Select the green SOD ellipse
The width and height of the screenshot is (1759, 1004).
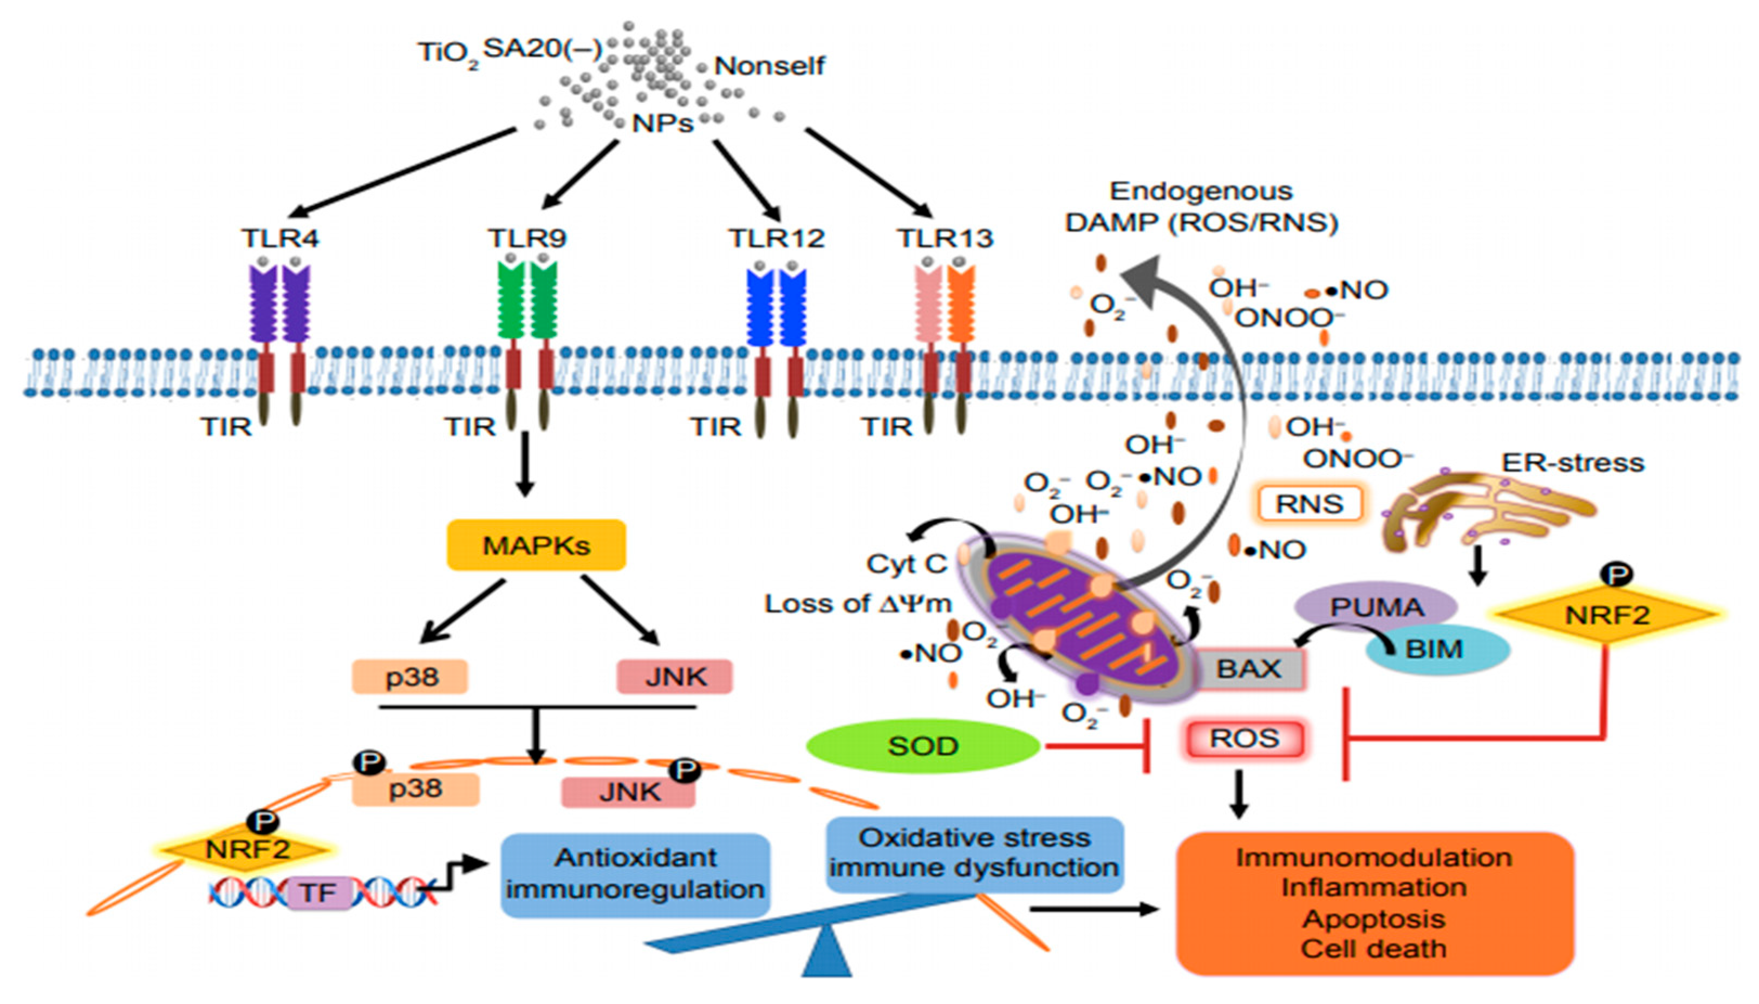[923, 746]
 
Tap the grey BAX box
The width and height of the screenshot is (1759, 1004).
[1248, 669]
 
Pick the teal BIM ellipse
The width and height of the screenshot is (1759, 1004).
[1438, 649]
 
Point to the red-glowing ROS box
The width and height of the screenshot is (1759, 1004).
[1244, 739]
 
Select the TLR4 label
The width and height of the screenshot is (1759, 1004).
[280, 238]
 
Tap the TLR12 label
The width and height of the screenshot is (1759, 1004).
[777, 238]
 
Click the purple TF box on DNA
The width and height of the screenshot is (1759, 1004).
[318, 893]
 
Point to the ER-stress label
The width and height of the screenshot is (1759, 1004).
[1572, 462]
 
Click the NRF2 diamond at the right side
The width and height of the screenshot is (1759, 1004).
[1607, 614]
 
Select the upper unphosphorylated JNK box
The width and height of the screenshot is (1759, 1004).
[674, 676]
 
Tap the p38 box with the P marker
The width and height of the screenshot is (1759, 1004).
[415, 788]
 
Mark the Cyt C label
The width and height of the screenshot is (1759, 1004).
[906, 564]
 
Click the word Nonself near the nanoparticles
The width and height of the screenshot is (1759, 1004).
[769, 66]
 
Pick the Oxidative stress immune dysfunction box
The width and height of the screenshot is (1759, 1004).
[974, 853]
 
